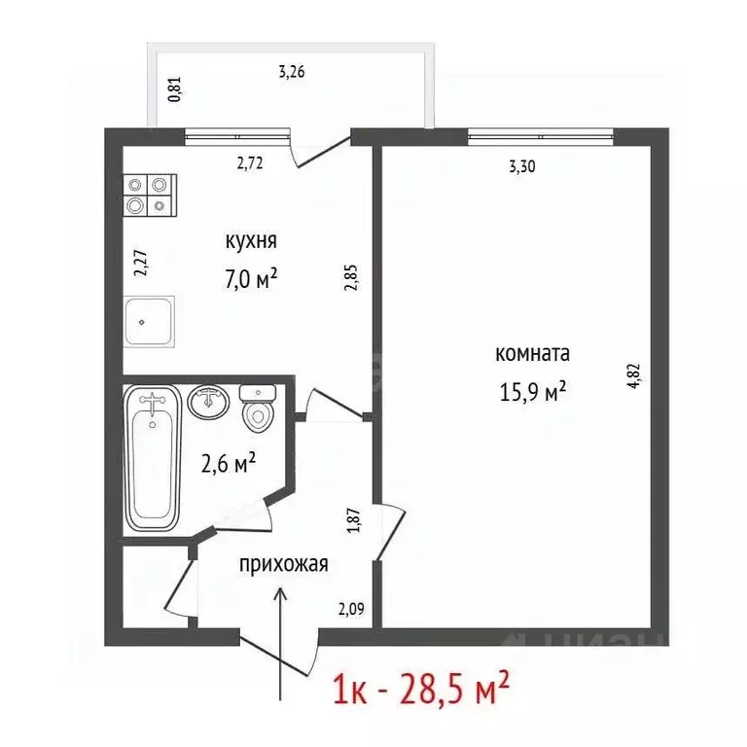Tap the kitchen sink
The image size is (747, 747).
[148, 320]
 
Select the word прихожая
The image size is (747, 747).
[284, 563]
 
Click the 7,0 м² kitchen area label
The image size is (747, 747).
[250, 279]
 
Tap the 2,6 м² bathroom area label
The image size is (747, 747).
[228, 464]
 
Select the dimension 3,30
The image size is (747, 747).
[522, 166]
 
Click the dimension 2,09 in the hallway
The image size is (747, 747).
[351, 610]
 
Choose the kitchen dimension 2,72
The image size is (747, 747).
[251, 162]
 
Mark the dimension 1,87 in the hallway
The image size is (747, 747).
[355, 517]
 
